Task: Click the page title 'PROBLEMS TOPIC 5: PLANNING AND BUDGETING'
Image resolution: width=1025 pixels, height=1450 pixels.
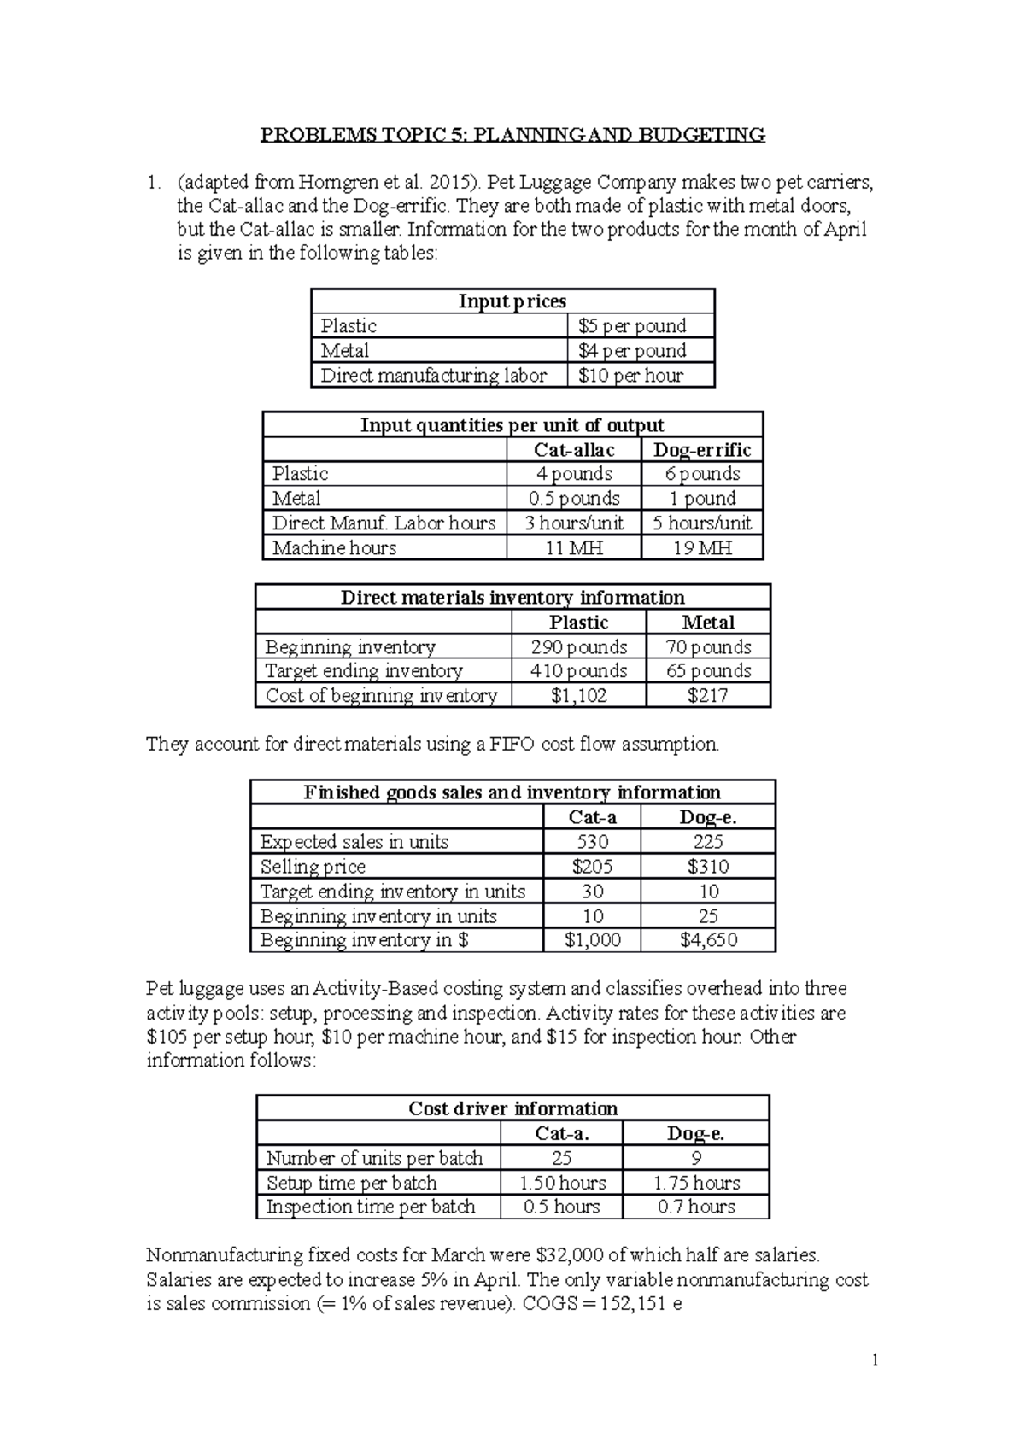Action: (x=512, y=134)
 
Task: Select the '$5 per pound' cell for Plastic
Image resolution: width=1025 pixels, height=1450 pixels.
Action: (x=632, y=326)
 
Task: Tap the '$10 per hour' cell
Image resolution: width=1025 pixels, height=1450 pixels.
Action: (x=630, y=376)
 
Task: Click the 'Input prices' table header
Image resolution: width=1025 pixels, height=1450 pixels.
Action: (x=512, y=301)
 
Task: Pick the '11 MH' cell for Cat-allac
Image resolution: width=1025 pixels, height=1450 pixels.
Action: (x=574, y=548)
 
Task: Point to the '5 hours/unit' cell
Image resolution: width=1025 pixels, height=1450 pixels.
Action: (x=701, y=523)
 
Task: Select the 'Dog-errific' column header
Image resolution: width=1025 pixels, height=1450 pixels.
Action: (x=701, y=450)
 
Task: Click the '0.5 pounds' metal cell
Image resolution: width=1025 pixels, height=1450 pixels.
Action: (x=574, y=499)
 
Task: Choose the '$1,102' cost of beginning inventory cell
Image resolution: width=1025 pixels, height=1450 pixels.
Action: (x=579, y=696)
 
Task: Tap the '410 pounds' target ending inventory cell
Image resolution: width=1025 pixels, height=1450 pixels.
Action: (x=579, y=671)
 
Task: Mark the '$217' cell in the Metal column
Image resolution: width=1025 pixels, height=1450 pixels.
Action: (x=708, y=696)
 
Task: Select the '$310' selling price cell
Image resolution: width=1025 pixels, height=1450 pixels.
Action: (x=708, y=867)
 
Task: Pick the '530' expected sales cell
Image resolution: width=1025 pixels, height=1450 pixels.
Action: (x=593, y=842)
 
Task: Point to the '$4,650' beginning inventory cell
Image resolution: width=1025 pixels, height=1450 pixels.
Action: (x=708, y=941)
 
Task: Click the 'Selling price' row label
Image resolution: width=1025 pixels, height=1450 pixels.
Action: (x=313, y=867)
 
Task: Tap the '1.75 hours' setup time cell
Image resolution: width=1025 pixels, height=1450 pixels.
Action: (x=696, y=1184)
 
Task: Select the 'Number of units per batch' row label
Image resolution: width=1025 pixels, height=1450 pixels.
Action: (x=374, y=1159)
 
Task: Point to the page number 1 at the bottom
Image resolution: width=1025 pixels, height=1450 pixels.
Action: (x=876, y=1360)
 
